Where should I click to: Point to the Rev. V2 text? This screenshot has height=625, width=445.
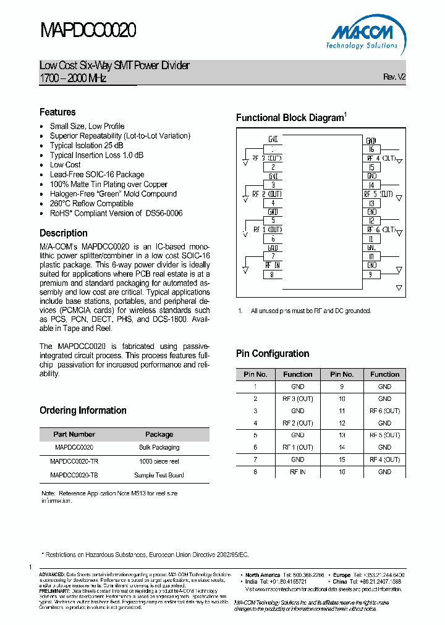394,77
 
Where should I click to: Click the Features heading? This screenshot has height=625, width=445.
57,112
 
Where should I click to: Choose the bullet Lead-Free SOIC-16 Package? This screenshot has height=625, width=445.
97,174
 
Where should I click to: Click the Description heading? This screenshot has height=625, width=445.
64,233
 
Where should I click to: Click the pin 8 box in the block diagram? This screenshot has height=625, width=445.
273,275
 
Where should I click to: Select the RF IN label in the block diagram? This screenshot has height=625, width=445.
273,265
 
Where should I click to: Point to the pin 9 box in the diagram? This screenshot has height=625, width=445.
371,275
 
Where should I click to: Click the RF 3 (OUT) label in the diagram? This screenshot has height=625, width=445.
267,158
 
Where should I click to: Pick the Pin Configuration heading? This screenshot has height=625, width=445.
273,353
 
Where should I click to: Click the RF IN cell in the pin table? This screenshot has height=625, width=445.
297,472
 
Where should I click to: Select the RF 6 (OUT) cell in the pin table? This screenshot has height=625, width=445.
384,411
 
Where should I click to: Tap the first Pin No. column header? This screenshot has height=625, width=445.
255,374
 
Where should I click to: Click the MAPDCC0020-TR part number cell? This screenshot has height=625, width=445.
74,461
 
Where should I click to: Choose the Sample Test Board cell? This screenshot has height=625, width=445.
159,476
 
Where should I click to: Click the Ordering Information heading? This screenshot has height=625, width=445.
83,410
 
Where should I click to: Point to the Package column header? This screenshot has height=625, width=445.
159,434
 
